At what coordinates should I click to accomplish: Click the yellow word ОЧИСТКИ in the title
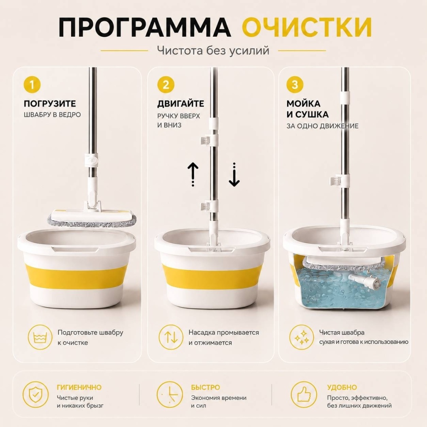307,27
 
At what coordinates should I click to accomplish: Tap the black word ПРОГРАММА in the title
145,27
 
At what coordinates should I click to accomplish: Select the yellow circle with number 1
32,85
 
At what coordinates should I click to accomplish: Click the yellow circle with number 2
166,85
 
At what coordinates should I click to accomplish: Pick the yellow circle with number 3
295,85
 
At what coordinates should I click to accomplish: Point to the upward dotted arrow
193,174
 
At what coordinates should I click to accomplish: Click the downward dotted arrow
234,175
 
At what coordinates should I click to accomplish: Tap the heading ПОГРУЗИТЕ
50,104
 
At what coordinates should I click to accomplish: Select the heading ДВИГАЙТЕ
181,104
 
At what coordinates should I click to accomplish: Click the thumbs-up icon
304,395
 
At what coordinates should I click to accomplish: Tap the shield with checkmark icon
36,395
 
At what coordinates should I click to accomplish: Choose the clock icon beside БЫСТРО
170,395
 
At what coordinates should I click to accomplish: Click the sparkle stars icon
301,337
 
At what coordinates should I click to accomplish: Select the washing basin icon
40,337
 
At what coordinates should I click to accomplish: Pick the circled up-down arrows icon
171,337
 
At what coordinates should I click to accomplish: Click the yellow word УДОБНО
342,387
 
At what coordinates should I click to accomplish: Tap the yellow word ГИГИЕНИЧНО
79,387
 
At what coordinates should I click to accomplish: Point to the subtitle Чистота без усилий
213,51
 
